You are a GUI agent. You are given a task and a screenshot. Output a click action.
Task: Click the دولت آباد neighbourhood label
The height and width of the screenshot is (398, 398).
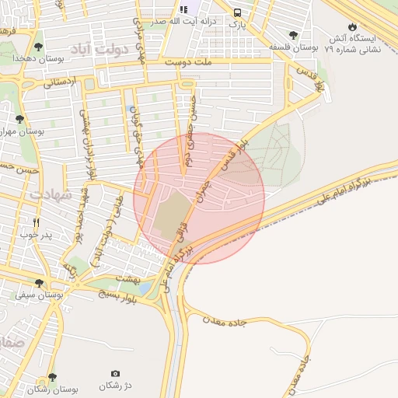pyautogui.click(x=117, y=50)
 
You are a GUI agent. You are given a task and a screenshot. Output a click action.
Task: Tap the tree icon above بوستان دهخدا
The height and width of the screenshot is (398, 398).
pyautogui.click(x=37, y=47)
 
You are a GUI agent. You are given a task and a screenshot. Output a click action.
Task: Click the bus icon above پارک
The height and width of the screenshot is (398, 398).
pyautogui.click(x=237, y=12)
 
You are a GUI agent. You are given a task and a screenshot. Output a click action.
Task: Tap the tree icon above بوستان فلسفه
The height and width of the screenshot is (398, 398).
pyautogui.click(x=293, y=35)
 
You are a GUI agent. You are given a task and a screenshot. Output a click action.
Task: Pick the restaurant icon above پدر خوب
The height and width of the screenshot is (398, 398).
pyautogui.click(x=35, y=222)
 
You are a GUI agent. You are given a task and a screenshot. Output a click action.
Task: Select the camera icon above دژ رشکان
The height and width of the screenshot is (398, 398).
pyautogui.click(x=116, y=374)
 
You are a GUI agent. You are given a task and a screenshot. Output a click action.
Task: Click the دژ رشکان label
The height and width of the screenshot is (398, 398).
pyautogui.click(x=116, y=386)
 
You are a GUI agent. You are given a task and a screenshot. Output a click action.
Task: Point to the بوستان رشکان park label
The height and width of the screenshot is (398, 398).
pyautogui.click(x=51, y=389)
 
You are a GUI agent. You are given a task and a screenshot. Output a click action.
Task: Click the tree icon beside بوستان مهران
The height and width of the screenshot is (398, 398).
pyautogui.click(x=19, y=120)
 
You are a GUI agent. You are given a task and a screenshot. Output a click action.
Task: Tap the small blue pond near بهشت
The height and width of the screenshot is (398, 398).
pyautogui.click(x=145, y=289)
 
